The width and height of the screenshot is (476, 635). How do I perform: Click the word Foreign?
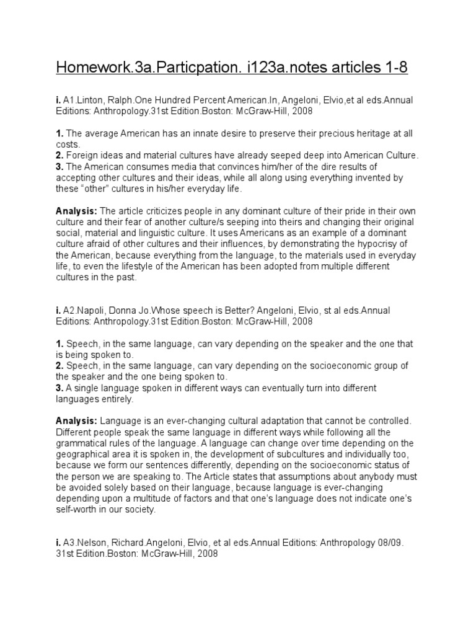(82, 156)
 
